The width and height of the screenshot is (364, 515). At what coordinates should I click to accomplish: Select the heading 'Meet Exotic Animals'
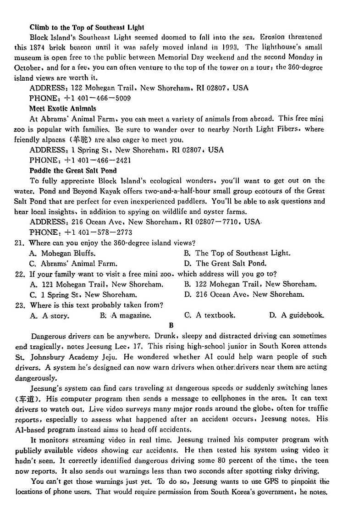tap(63, 109)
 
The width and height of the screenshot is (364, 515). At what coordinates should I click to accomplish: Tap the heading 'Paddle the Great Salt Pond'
tap(73, 170)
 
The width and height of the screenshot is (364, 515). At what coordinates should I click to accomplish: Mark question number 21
tap(19, 243)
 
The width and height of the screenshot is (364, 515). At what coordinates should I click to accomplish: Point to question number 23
tap(19, 305)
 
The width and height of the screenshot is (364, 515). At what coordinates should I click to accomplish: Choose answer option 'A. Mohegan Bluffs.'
tap(62, 253)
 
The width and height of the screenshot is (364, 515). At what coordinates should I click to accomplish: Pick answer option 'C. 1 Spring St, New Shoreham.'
tap(83, 295)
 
